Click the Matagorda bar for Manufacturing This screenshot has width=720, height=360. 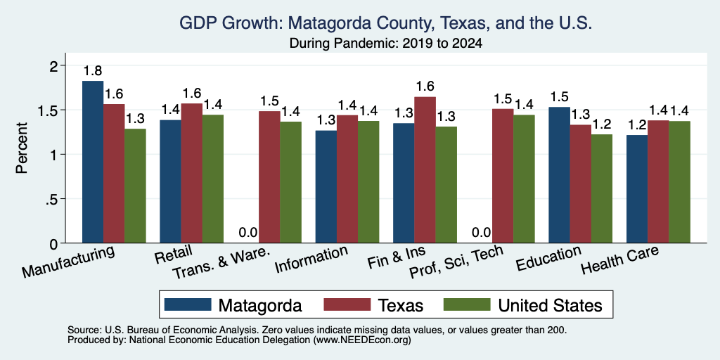click(x=93, y=162)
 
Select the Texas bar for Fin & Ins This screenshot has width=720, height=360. click(x=425, y=170)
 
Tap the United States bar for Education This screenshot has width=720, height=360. click(x=602, y=188)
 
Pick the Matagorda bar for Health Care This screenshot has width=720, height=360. click(x=637, y=188)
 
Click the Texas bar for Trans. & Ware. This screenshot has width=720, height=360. click(x=269, y=176)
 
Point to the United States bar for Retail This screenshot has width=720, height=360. click(x=213, y=179)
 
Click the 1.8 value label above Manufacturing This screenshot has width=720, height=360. click(x=93, y=71)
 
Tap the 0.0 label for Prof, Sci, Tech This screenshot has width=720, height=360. click(x=481, y=232)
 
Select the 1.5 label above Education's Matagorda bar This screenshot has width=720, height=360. click(x=559, y=97)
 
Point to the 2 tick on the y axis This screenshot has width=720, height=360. click(x=55, y=66)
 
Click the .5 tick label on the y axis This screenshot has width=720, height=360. click(x=54, y=199)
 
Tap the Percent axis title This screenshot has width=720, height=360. click(x=22, y=148)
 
